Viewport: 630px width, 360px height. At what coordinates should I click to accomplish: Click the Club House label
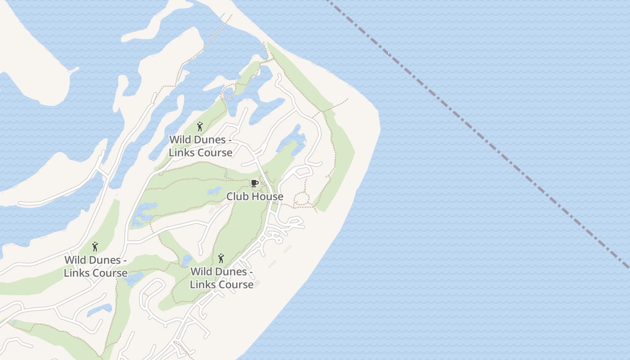(x=255, y=197)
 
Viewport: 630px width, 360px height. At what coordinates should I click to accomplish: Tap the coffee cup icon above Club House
(x=254, y=183)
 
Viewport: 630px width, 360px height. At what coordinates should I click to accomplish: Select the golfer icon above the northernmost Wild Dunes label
(x=200, y=127)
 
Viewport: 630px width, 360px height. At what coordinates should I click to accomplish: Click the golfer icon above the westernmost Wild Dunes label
(x=95, y=247)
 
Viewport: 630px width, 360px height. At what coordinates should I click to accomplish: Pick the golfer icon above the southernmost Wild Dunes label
(x=221, y=258)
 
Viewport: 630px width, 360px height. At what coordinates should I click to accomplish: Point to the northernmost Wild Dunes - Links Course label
(x=201, y=146)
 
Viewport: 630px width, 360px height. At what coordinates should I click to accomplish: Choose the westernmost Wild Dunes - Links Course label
(x=95, y=266)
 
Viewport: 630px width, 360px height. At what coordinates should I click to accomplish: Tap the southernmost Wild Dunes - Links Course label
(x=221, y=278)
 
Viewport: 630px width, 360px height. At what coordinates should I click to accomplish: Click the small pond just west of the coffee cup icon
(x=215, y=190)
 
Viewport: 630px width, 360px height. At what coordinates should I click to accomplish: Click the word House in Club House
(x=268, y=197)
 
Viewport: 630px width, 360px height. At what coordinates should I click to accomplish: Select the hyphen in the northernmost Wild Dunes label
(x=230, y=140)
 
